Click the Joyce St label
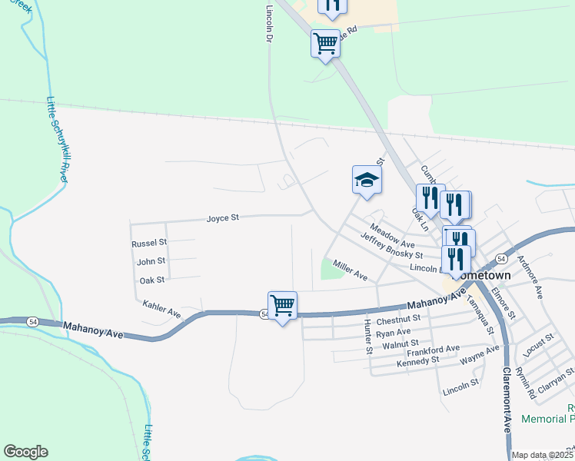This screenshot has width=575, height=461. pyautogui.click(x=223, y=218)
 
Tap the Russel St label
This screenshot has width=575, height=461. pyautogui.click(x=148, y=243)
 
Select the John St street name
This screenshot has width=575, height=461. pyautogui.click(x=151, y=262)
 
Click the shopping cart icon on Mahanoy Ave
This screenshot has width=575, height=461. pyautogui.click(x=282, y=305)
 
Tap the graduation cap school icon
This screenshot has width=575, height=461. pyautogui.click(x=367, y=181)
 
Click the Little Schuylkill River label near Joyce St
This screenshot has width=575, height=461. pyautogui.click(x=57, y=138)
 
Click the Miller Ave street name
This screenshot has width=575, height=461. pyautogui.click(x=350, y=270)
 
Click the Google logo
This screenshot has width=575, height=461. pyautogui.click(x=25, y=452)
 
